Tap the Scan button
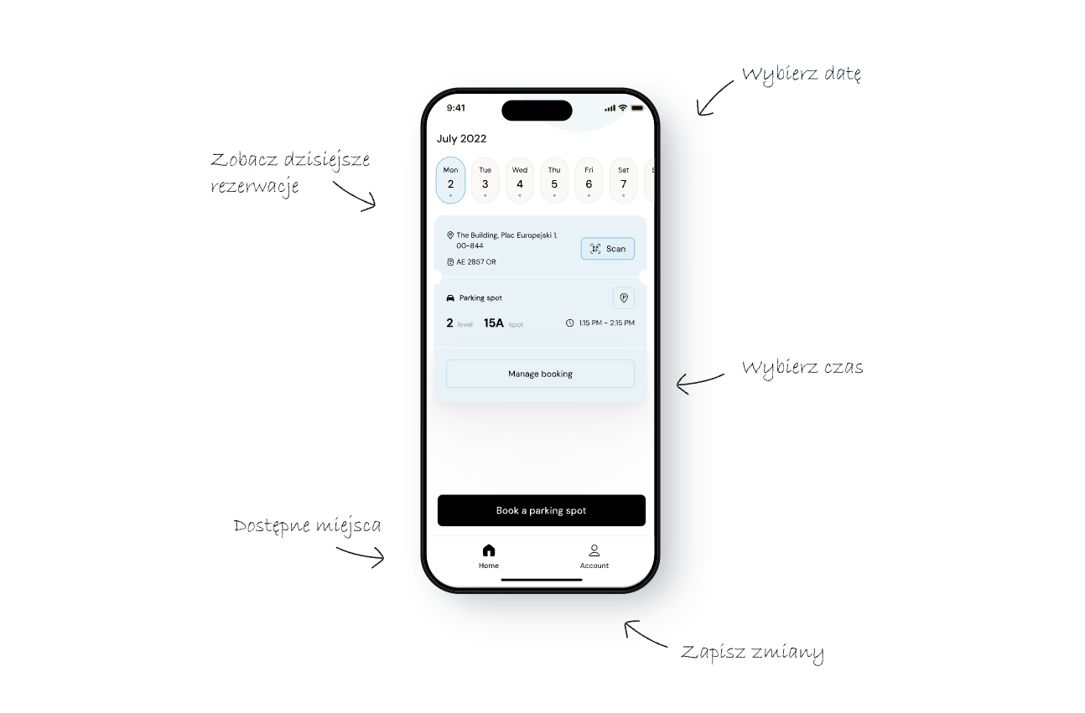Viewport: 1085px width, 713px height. pos(607,249)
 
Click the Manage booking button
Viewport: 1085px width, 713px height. pos(540,374)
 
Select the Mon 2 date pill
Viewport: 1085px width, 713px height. pos(450,180)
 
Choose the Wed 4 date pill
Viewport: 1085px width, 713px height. pos(520,180)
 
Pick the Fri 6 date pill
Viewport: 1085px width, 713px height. pos(589,180)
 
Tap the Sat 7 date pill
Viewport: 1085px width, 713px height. pos(623,180)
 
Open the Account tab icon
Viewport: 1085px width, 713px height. pos(594,550)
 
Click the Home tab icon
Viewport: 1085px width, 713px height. pos(489,550)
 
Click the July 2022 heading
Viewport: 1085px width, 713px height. pos(462,139)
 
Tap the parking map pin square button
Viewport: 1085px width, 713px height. pos(624,298)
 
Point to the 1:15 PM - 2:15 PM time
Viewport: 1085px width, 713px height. pos(606,323)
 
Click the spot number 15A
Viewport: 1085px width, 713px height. pos(494,323)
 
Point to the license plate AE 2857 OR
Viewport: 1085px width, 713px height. pos(476,262)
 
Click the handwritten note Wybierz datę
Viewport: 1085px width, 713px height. pos(802,75)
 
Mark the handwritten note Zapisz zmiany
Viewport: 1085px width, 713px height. pos(752,653)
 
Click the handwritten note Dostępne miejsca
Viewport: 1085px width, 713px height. pos(307,527)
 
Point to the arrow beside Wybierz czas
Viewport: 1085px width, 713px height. pos(699,381)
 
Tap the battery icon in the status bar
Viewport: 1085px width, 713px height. pos(637,108)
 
